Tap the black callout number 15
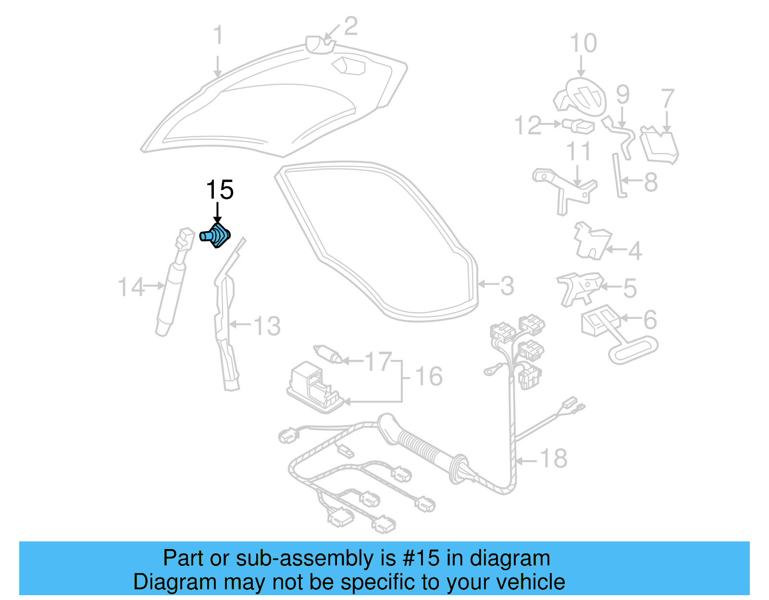pos(220,190)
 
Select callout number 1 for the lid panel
pos(218,36)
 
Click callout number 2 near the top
pos(350,26)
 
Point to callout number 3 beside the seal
pos(507,286)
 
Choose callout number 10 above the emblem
pos(583,43)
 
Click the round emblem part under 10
pos(582,97)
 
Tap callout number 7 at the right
pos(668,98)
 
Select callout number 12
pos(528,125)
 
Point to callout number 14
pos(131,287)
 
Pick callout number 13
pos(267,326)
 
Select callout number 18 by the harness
pos(554,459)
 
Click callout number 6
pos(650,320)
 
